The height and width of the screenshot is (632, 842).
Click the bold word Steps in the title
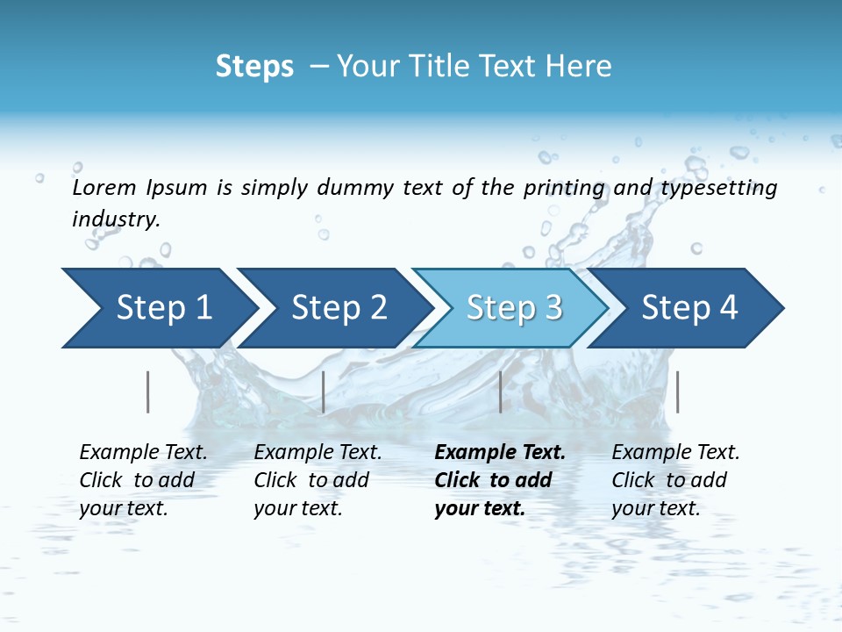(x=254, y=67)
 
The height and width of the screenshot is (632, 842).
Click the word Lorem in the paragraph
(x=104, y=188)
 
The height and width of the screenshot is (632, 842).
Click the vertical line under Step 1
(x=148, y=391)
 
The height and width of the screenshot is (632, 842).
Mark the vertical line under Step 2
(x=324, y=391)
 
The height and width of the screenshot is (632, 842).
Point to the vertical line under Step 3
(x=500, y=391)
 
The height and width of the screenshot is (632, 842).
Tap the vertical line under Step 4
(x=677, y=391)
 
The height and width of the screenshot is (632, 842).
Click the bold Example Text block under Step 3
(x=500, y=480)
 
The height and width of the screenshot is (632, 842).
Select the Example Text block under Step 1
(x=143, y=480)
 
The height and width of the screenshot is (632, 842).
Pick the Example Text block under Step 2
(x=318, y=480)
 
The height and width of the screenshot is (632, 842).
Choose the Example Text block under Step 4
(x=675, y=480)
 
